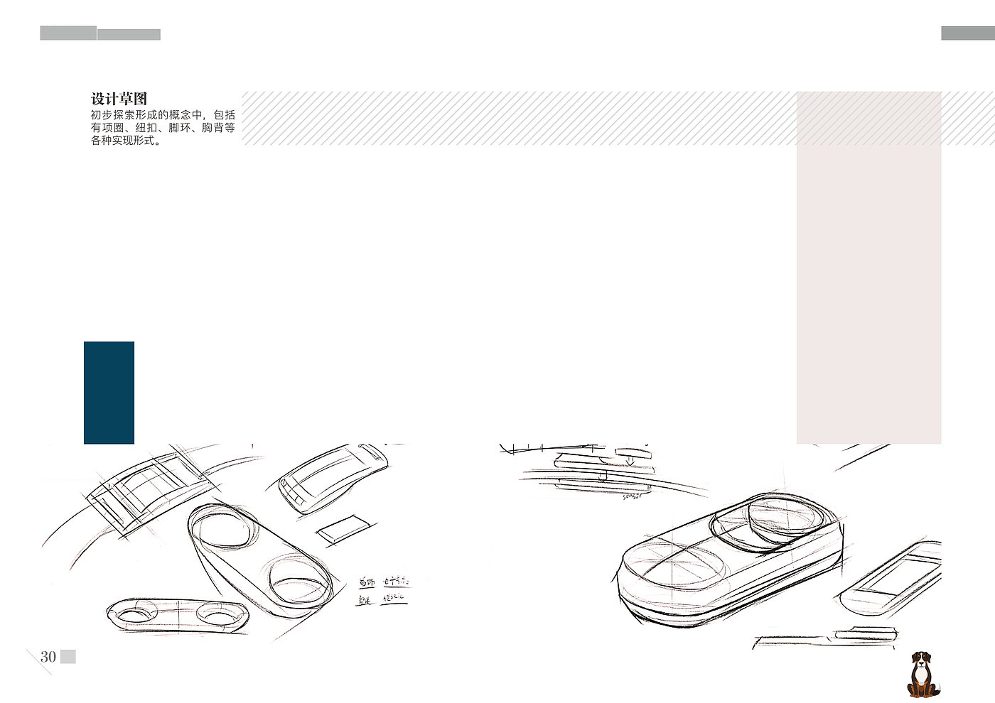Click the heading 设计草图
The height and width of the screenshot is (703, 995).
pyautogui.click(x=119, y=99)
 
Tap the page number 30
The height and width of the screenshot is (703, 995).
pyautogui.click(x=48, y=657)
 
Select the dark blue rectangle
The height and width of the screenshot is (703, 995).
pyautogui.click(x=109, y=393)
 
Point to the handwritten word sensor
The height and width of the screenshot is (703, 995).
pyautogui.click(x=632, y=496)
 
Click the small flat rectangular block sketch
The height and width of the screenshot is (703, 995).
pyautogui.click(x=343, y=529)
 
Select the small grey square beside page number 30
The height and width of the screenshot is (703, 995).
pyautogui.click(x=68, y=657)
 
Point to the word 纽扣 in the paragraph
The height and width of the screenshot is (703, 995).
pyautogui.click(x=146, y=128)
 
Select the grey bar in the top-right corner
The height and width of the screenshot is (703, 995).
pyautogui.click(x=967, y=33)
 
